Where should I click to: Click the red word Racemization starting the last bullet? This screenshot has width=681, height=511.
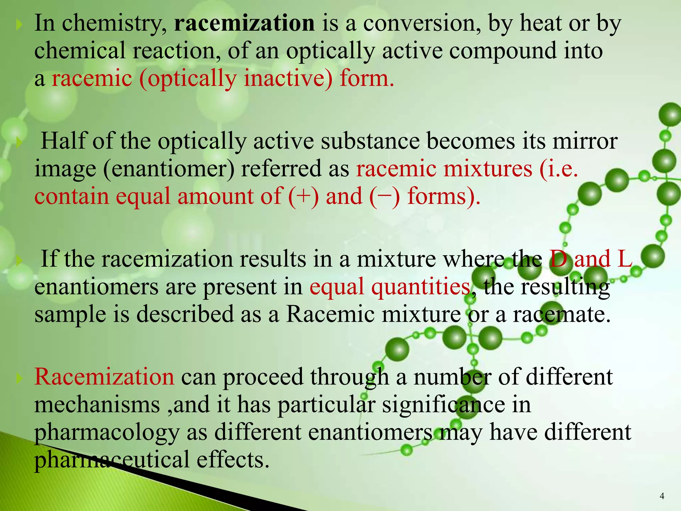pos(104,377)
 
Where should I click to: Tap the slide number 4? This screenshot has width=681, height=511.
pos(662,496)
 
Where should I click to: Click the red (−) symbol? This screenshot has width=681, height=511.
pos(384,196)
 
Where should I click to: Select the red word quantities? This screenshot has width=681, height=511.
pos(421,287)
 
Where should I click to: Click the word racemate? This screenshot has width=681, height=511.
pos(562,314)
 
